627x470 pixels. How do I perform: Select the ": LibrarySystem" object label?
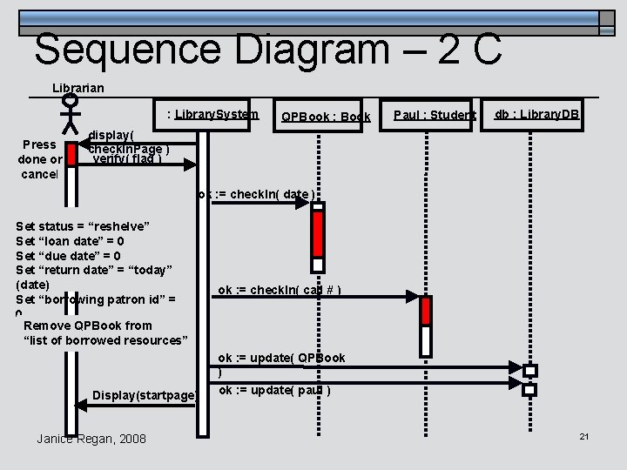(x=213, y=114)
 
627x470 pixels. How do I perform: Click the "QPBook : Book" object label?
(x=325, y=117)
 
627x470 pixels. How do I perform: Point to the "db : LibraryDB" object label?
(x=537, y=114)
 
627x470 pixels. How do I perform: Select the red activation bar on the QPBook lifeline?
(x=318, y=233)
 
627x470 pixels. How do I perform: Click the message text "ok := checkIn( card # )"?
(x=280, y=290)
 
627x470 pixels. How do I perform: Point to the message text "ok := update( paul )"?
(x=274, y=390)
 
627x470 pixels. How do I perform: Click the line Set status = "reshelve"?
(x=83, y=225)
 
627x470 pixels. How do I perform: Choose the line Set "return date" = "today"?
(x=95, y=270)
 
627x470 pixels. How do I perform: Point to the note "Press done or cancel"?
(x=39, y=159)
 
